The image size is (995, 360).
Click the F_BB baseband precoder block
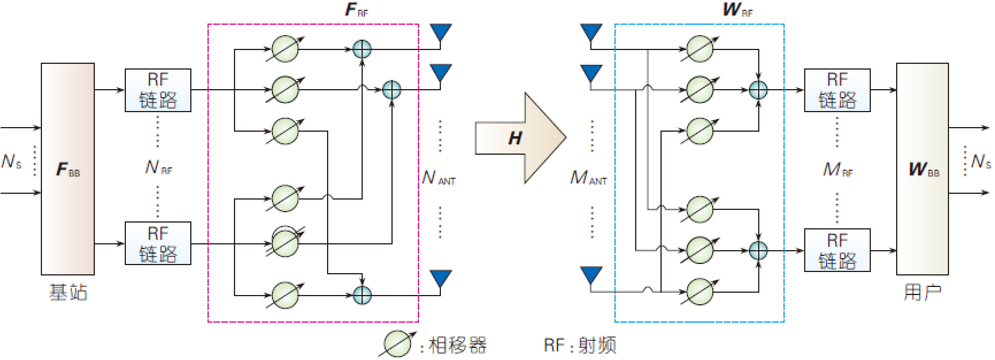pyautogui.click(x=68, y=168)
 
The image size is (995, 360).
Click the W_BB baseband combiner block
pyautogui.click(x=922, y=168)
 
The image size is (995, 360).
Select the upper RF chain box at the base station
pyautogui.click(x=158, y=90)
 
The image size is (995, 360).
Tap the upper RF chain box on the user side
pyautogui.click(x=837, y=90)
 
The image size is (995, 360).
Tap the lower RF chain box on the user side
pyautogui.click(x=837, y=250)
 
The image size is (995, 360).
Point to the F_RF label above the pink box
pyautogui.click(x=356, y=10)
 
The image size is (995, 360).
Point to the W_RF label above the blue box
pyautogui.click(x=737, y=10)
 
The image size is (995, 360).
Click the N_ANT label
pyautogui.click(x=438, y=178)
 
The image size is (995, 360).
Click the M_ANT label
pyautogui.click(x=588, y=178)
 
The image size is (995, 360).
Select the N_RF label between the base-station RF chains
pyautogui.click(x=158, y=167)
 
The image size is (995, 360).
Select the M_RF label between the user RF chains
pyautogui.click(x=838, y=169)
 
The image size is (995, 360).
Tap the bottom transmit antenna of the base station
pyautogui.click(x=440, y=278)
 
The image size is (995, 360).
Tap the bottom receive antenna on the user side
pyautogui.click(x=591, y=275)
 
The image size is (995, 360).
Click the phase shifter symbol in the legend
pyautogui.click(x=397, y=344)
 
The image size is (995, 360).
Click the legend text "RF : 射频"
pyautogui.click(x=579, y=345)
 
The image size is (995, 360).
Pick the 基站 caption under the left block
pyautogui.click(x=68, y=292)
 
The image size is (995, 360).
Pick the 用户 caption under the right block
pyautogui.click(x=922, y=292)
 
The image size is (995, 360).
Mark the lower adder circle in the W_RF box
pyautogui.click(x=758, y=250)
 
